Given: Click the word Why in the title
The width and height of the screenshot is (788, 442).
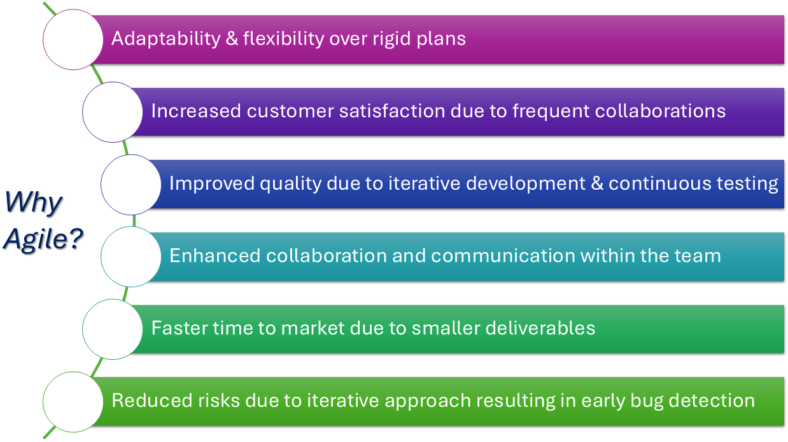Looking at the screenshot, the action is (x=34, y=202).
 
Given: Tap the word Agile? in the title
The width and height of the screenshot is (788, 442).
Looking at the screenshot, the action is (x=43, y=239).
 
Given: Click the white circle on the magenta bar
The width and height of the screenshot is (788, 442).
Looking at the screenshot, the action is (x=73, y=39).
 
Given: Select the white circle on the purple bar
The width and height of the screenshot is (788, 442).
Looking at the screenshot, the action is (x=113, y=112).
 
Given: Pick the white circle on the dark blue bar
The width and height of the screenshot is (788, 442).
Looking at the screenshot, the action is (x=131, y=185).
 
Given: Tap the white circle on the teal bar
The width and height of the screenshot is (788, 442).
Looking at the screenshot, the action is (x=131, y=257).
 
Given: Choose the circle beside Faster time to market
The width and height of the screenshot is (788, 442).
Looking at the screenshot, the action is (x=113, y=329).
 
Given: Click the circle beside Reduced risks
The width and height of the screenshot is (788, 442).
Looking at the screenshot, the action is (x=73, y=401).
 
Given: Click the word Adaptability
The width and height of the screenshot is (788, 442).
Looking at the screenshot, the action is (x=166, y=39).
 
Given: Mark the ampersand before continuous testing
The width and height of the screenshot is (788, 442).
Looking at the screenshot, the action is (x=597, y=183).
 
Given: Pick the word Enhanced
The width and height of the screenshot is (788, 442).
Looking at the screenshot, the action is (x=215, y=255).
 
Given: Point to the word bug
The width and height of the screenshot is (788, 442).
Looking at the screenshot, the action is (x=645, y=401).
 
